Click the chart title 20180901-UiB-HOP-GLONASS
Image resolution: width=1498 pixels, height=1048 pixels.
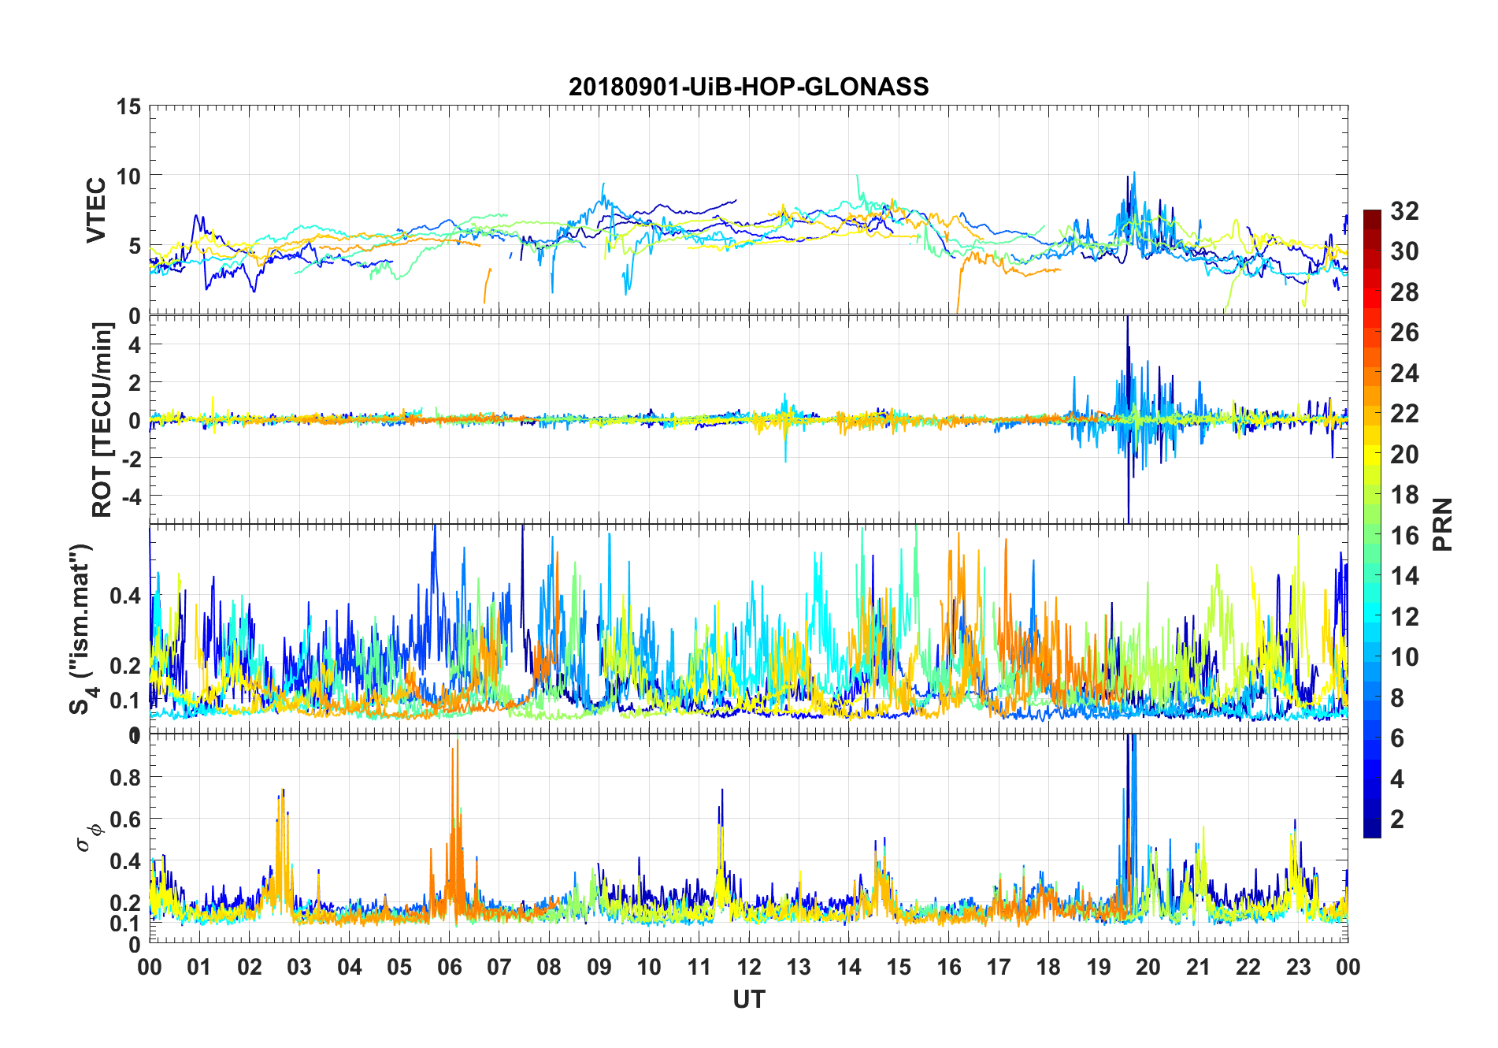point(748,87)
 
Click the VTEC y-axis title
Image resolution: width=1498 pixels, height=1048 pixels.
point(96,210)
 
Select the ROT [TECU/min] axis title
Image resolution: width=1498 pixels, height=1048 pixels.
point(102,419)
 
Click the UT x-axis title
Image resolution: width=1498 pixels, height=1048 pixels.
point(748,1000)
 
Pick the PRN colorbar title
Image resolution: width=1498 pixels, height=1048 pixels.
point(1442,524)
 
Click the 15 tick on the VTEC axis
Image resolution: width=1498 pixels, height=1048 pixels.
point(128,106)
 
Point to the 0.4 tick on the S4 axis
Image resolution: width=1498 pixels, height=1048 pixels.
point(125,596)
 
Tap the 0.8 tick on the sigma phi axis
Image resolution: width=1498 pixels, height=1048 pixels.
point(125,778)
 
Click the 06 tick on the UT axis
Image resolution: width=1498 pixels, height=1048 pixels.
point(449,967)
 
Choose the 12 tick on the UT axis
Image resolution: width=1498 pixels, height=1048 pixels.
point(749,967)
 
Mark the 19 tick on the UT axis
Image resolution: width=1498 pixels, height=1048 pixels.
point(1098,967)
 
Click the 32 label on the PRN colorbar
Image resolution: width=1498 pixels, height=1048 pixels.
point(1404,211)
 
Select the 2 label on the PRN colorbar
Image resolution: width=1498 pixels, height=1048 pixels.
point(1397,819)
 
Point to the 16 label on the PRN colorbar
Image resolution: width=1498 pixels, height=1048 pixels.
point(1404,536)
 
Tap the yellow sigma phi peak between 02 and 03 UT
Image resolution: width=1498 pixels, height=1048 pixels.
point(282,791)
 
